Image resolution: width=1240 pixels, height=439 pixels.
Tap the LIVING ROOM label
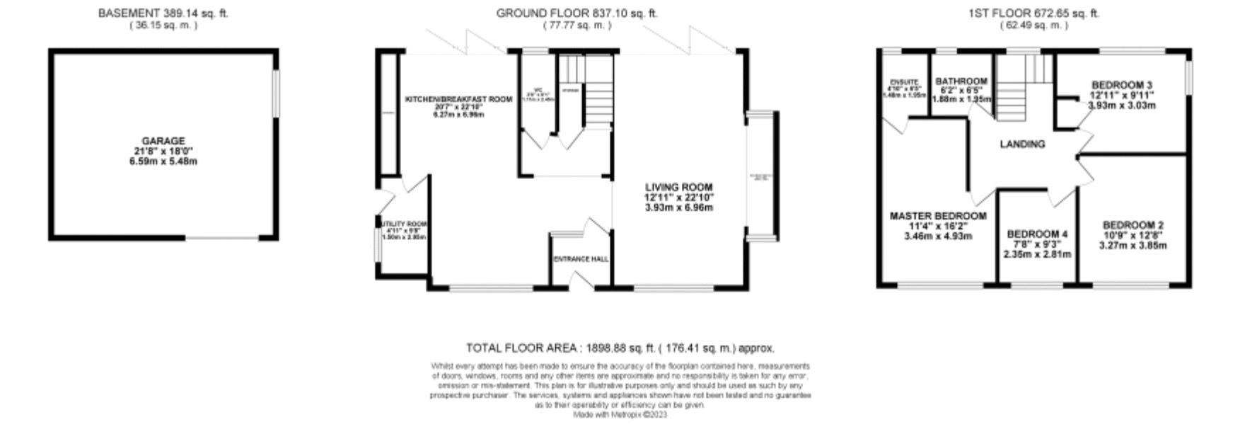coord(678,188)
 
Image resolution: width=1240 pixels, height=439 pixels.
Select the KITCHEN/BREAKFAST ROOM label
coord(458,100)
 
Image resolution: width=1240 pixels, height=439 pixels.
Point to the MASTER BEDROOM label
coord(937,216)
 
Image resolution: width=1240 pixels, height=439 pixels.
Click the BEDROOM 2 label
coord(1132,225)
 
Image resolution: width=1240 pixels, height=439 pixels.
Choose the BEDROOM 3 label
coord(1121,85)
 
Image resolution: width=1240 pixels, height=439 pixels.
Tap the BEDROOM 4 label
coord(1037,234)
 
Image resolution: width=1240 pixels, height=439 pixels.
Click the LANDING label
coord(1022,144)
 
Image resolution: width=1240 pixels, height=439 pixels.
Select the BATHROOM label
coord(961,81)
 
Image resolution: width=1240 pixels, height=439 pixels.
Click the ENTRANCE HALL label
coord(581,259)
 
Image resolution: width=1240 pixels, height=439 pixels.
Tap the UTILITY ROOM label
coord(404,224)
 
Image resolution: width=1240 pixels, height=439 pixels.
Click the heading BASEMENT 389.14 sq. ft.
coord(163,13)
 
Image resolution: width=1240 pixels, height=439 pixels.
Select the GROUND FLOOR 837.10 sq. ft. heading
coord(576,13)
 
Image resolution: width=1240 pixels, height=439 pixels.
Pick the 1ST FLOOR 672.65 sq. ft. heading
coord(1033,13)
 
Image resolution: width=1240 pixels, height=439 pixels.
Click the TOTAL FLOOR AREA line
coord(620,348)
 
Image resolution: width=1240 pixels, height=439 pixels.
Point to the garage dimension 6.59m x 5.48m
coord(163,161)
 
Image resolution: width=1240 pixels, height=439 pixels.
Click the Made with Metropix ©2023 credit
coord(620,415)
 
